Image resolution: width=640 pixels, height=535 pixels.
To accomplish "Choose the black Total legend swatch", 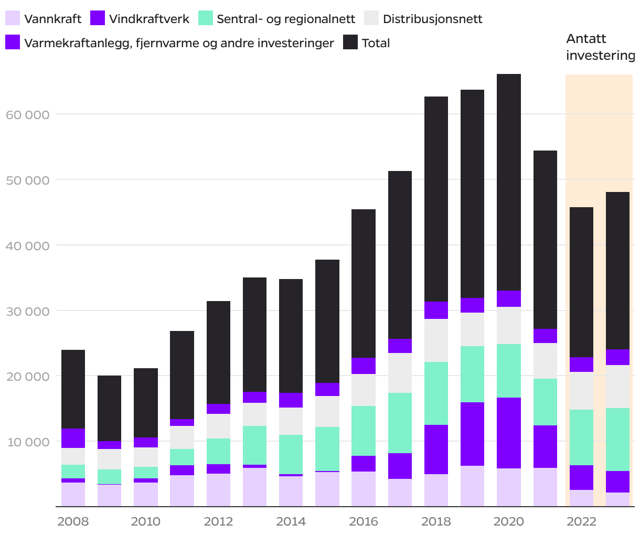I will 350,42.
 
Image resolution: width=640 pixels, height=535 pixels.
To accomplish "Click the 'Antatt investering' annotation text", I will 600,47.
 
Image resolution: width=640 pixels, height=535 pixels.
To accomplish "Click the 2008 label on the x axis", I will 73,521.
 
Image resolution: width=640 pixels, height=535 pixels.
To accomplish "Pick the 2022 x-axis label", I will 581,521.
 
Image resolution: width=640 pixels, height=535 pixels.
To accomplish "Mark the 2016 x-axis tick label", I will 364,521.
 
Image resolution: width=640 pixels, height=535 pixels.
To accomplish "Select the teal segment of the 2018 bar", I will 436,393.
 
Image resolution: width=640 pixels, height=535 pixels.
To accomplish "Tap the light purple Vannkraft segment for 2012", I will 218,490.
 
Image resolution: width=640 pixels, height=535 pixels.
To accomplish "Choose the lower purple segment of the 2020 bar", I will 509,433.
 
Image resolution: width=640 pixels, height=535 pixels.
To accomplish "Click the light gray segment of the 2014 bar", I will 291,421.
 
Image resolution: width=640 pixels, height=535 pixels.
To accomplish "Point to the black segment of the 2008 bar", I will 73,389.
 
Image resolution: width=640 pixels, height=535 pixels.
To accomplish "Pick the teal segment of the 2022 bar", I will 581,437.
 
